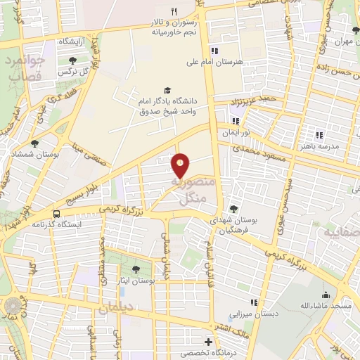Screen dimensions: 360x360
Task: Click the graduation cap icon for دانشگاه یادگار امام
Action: [167, 90]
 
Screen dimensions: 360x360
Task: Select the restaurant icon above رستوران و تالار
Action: [174, 11]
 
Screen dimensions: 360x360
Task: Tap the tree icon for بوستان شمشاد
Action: [34, 143]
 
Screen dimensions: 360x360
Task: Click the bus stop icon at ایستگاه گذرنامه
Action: [55, 214]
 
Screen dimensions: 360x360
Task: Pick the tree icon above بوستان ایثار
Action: [136, 269]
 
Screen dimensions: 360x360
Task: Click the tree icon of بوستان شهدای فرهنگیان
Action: [234, 208]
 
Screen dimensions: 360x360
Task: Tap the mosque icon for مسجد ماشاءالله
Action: [326, 295]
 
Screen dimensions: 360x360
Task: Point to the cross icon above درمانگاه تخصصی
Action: [208, 341]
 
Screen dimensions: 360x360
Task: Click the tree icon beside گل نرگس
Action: [72, 60]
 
